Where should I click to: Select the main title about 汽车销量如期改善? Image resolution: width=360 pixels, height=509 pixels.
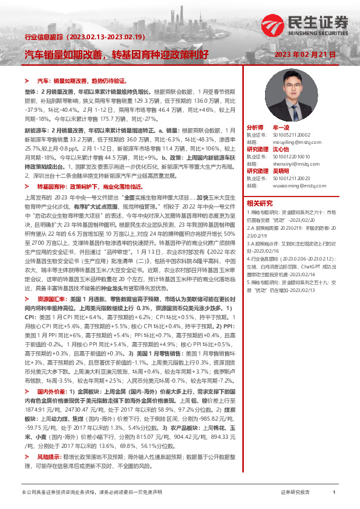coord(116,54)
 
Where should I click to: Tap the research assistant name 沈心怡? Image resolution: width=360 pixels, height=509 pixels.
coord(281,148)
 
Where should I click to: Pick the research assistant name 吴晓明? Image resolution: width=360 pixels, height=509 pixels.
coord(281,170)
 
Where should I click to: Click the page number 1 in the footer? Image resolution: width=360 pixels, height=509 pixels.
coord(334,493)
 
